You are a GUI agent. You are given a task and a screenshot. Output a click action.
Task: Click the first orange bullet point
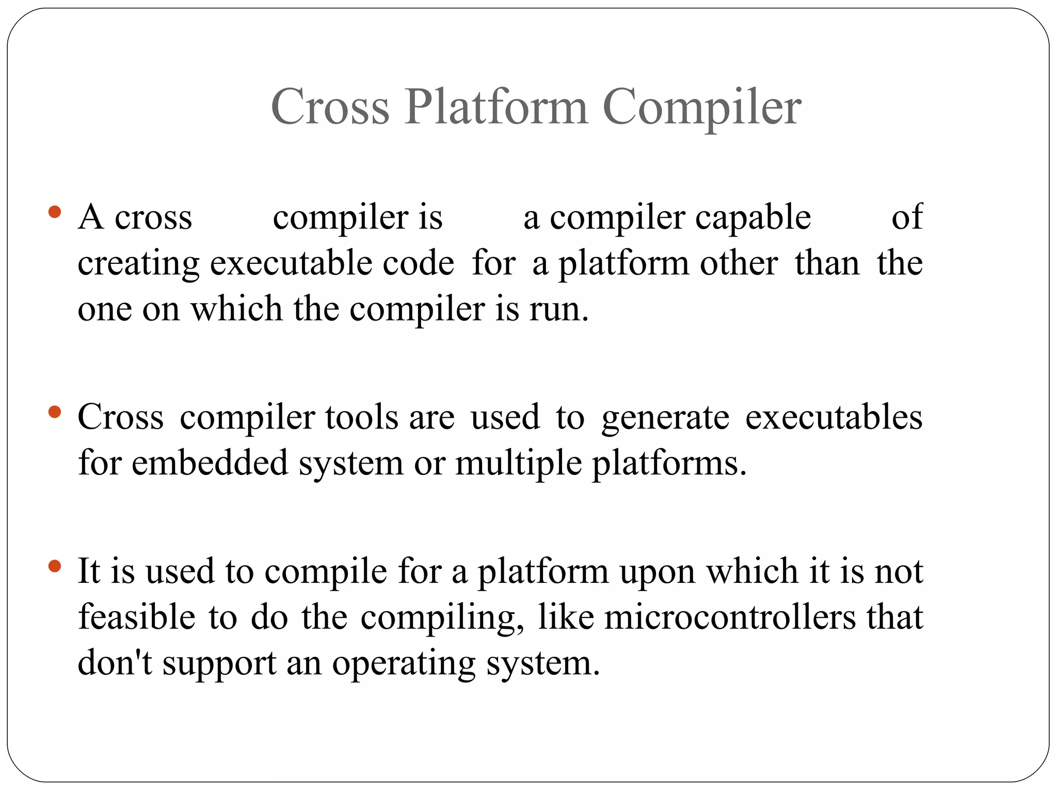click(54, 212)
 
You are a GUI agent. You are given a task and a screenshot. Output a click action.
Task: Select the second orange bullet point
click(54, 412)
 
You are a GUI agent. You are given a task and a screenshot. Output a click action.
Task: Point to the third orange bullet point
click(54, 566)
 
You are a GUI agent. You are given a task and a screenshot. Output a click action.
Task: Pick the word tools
click(362, 417)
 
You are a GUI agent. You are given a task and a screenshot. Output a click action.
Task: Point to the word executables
click(834, 417)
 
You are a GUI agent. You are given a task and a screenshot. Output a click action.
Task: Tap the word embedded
click(210, 462)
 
